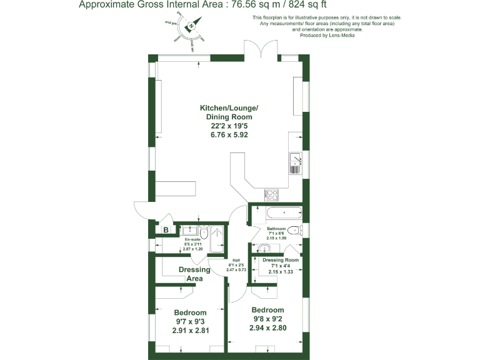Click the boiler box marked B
[166, 230]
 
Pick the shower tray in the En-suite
[217, 239]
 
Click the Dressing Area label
[194, 274]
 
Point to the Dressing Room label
[281, 260]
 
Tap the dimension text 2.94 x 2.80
[267, 327]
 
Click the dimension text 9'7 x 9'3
[190, 322]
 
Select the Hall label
[236, 260]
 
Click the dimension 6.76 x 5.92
[229, 134]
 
